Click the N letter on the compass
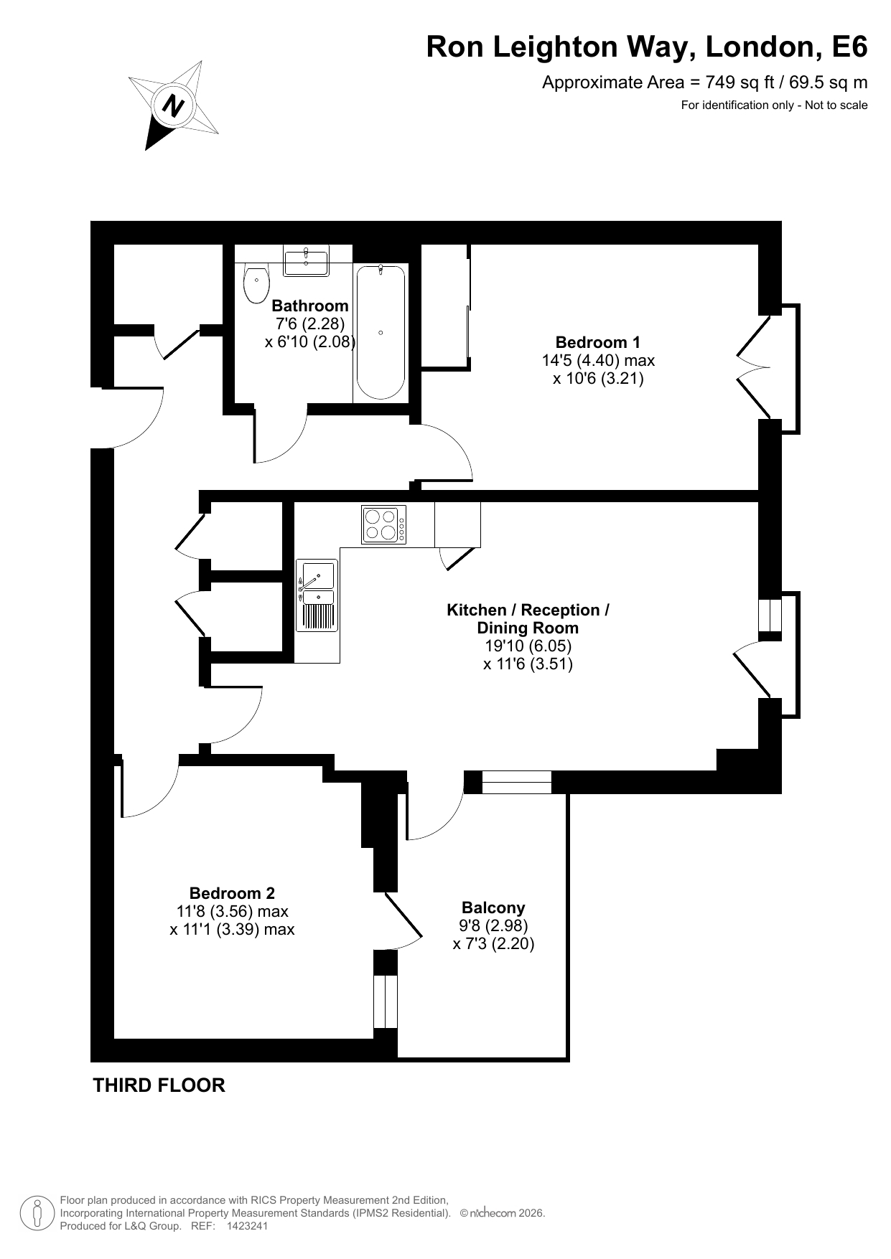(173, 106)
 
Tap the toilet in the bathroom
(256, 283)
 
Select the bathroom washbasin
(307, 261)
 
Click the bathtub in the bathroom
(381, 332)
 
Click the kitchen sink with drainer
(317, 596)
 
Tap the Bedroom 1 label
(598, 342)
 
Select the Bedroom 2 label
(232, 893)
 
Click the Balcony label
(494, 907)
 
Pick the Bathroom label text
(310, 306)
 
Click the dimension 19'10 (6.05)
(528, 646)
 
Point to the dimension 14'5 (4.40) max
(598, 360)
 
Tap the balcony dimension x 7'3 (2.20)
(494, 944)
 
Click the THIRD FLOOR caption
(159, 1085)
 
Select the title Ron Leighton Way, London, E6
(647, 47)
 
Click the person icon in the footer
(38, 1213)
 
